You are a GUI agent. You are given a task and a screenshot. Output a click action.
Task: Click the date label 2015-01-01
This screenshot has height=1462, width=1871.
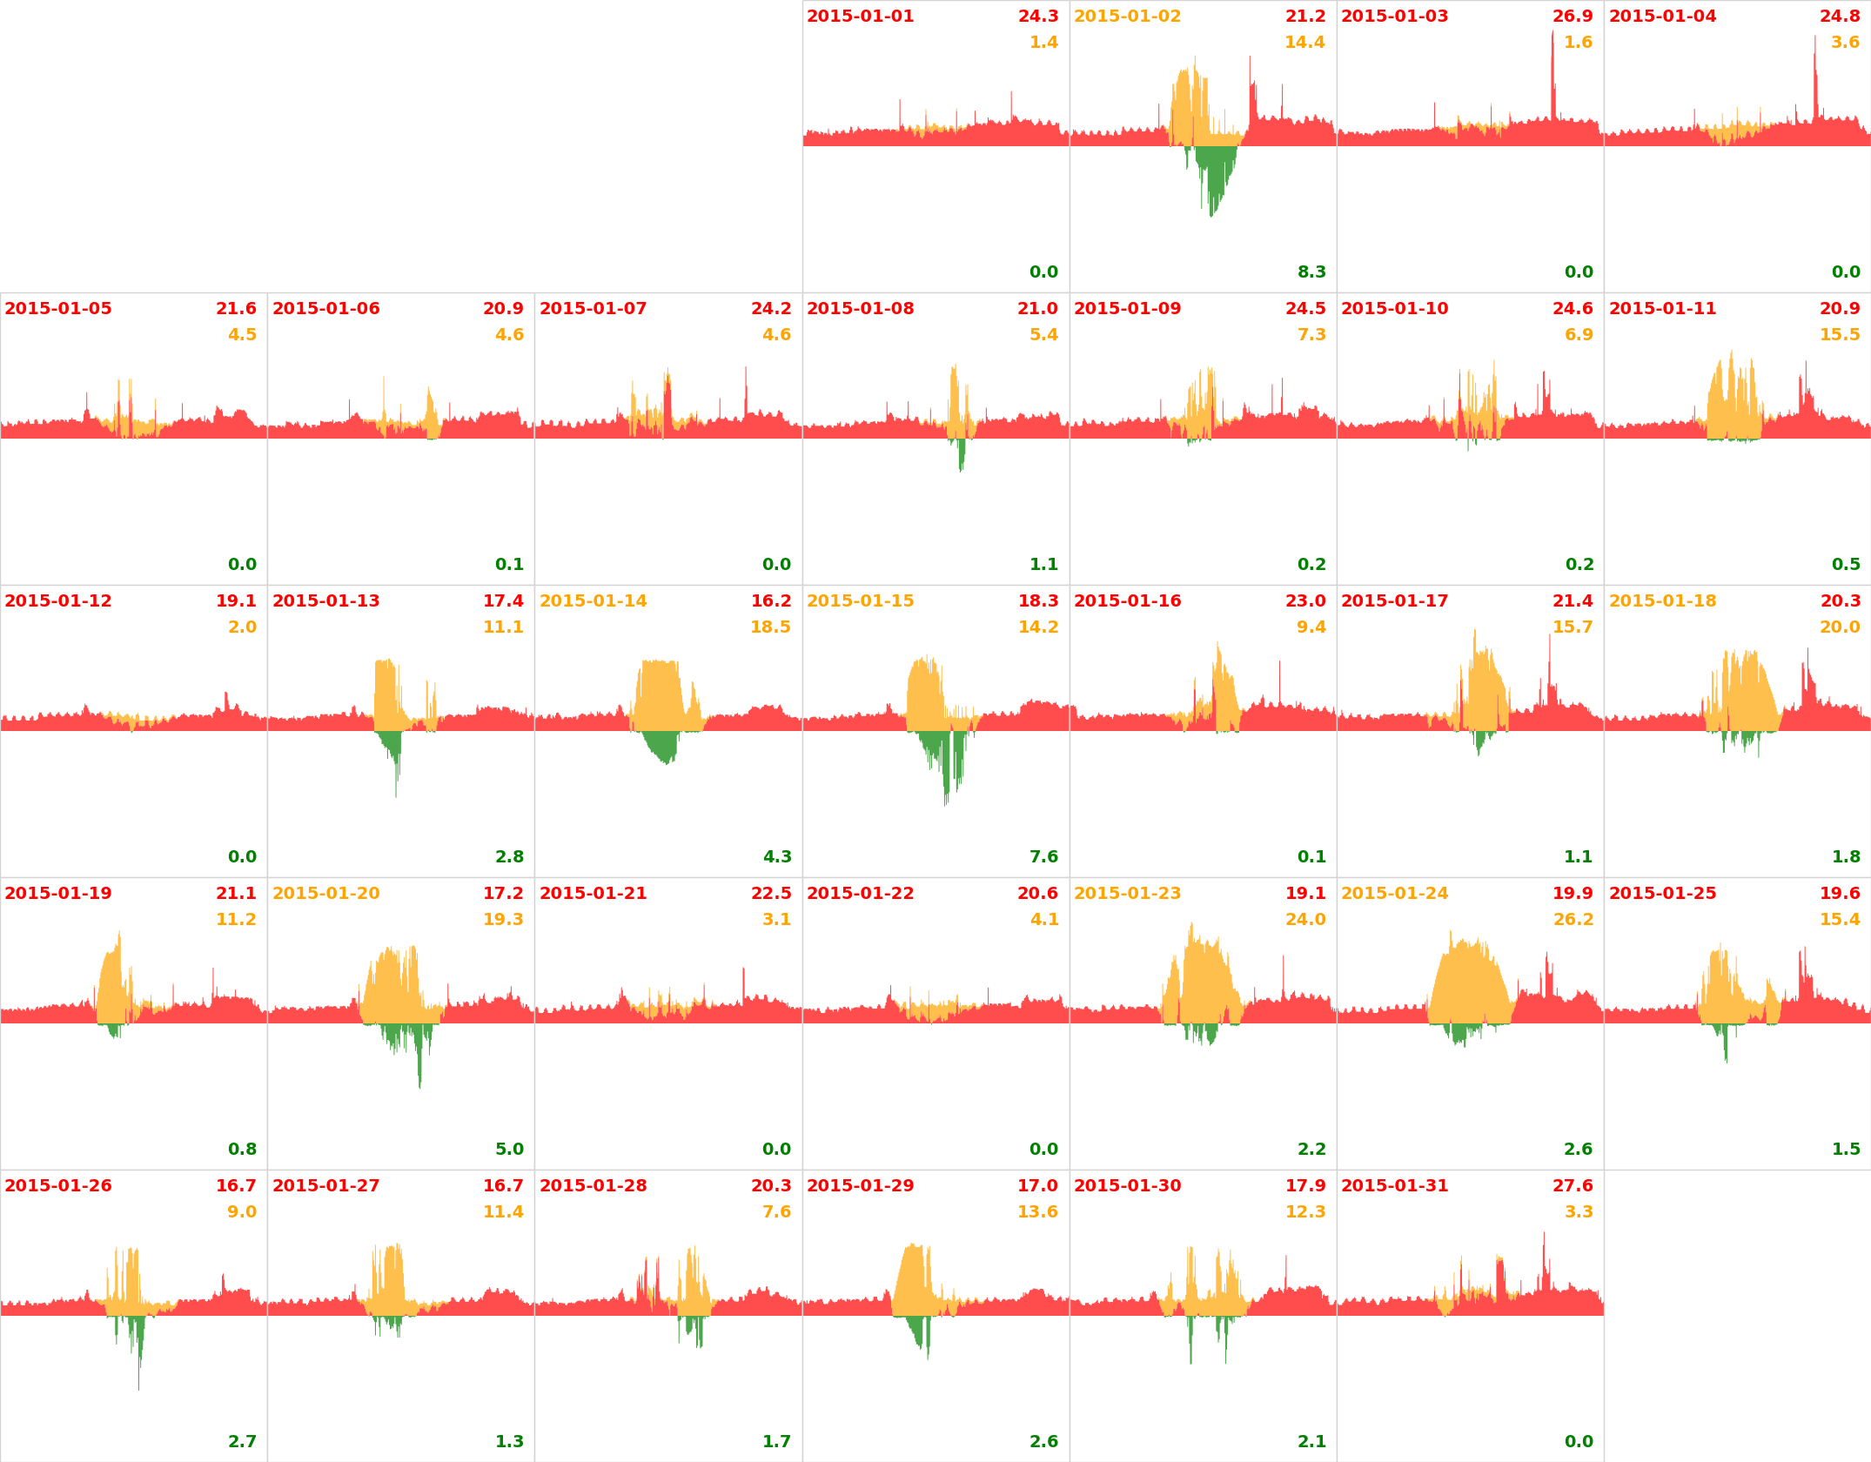click(860, 17)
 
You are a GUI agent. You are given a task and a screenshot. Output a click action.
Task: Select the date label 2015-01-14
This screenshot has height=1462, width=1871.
click(593, 601)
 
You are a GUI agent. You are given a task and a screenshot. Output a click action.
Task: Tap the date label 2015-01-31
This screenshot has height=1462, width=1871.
click(1394, 1186)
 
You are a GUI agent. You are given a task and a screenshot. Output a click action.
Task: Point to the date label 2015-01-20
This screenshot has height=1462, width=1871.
click(325, 894)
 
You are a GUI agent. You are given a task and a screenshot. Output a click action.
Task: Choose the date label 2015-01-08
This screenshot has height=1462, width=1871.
click(860, 309)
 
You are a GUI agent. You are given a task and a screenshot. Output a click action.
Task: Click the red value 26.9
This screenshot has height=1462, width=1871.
click(1573, 17)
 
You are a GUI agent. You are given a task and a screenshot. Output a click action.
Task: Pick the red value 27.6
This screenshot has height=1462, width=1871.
click(1573, 1186)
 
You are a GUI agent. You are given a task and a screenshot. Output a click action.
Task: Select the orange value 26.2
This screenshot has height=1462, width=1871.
click(1573, 920)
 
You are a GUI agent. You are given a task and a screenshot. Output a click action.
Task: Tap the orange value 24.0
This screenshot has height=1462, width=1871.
click(1305, 920)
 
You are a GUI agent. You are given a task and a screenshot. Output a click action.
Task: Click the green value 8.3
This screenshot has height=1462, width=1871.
click(1311, 272)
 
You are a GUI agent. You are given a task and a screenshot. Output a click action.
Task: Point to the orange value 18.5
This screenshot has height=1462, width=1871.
click(770, 627)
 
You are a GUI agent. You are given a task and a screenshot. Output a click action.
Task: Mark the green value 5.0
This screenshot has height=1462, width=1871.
click(509, 1150)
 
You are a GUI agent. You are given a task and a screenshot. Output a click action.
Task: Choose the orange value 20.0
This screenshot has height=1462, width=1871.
click(1840, 627)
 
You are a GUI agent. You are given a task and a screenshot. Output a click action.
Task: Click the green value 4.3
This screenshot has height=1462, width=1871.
click(777, 857)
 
